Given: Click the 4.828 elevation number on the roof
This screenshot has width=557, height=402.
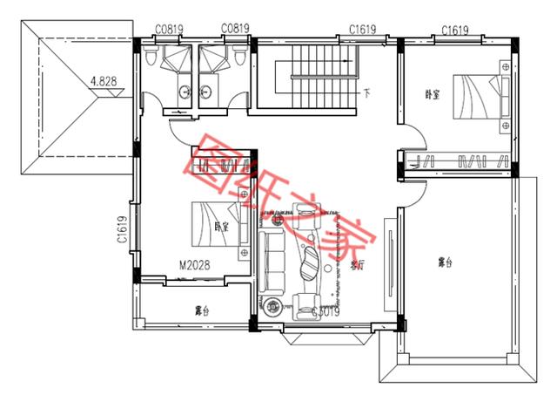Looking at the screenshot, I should pos(108,82).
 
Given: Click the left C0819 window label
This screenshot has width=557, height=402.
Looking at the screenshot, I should pos(169,29).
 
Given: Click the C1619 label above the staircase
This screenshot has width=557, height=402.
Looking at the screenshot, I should pos(362,30).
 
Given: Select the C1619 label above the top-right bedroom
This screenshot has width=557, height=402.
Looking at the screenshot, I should pos(456,30).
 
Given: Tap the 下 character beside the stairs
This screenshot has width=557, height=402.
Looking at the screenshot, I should pos(368,92).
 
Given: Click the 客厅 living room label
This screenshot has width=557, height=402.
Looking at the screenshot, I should pos(356,266).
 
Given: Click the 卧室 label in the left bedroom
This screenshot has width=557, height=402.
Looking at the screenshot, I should pos(220,226).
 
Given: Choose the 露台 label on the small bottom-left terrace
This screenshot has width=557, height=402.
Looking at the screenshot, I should pos(201,310).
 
